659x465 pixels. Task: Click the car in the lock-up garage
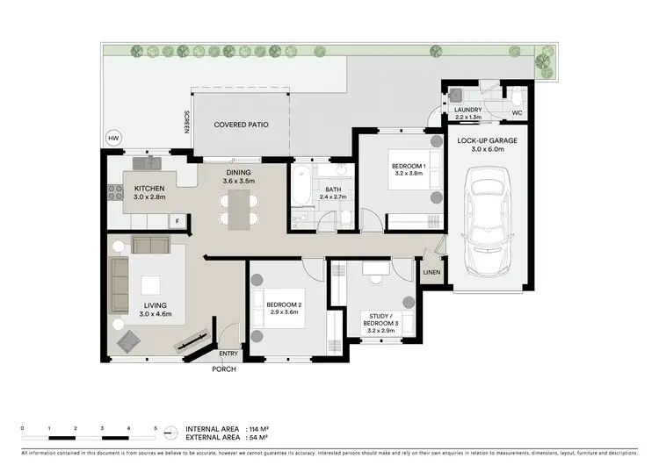pyautogui.click(x=487, y=210)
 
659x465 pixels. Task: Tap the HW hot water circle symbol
pyautogui.click(x=112, y=139)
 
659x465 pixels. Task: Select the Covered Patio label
pyautogui.click(x=241, y=125)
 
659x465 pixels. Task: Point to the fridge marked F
pyautogui.click(x=177, y=221)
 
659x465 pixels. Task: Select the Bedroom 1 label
pyautogui.click(x=407, y=167)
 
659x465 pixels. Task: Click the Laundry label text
pyautogui.click(x=468, y=111)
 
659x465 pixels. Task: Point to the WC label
pyautogui.click(x=518, y=113)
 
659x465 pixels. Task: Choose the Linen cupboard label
pyautogui.click(x=431, y=273)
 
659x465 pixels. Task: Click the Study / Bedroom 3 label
pyautogui.click(x=381, y=320)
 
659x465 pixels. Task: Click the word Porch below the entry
pyautogui.click(x=224, y=369)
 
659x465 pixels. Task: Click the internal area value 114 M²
pyautogui.click(x=253, y=427)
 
